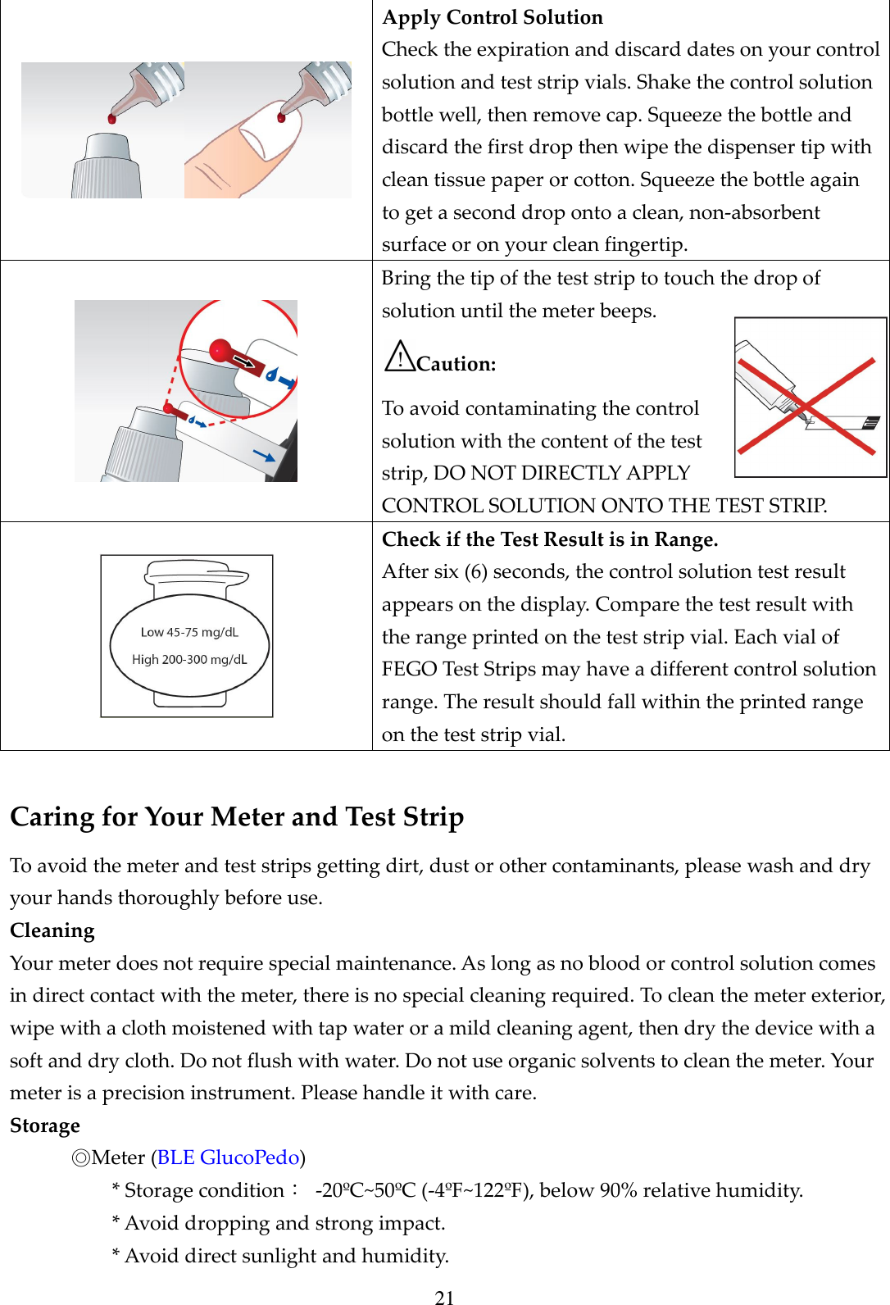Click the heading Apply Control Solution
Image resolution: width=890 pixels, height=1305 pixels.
[x=493, y=17]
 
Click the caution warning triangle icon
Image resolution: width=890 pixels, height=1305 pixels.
[x=400, y=357]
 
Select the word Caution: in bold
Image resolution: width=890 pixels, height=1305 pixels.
[x=456, y=364]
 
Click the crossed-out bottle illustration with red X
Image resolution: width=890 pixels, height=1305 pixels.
[x=810, y=398]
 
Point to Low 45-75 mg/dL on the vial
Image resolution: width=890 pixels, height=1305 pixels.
[x=189, y=632]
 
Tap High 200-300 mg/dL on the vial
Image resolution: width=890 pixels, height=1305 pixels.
[x=189, y=659]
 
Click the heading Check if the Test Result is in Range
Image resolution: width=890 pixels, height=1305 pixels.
[x=550, y=539]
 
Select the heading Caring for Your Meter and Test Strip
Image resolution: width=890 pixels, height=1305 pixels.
[x=237, y=816]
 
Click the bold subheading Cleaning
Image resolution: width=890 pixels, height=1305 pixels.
[x=52, y=930]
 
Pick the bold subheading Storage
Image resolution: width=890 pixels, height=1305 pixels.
[x=45, y=1125]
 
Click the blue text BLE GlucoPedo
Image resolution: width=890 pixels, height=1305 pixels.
[x=228, y=1157]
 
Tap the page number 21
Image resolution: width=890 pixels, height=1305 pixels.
[x=444, y=1297]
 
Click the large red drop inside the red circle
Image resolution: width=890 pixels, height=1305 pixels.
[x=221, y=351]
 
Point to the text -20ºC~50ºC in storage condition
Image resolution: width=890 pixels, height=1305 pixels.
[x=366, y=1190]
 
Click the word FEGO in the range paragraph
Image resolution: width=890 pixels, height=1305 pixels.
[x=409, y=669]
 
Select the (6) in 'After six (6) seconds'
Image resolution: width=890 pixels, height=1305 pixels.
[x=475, y=571]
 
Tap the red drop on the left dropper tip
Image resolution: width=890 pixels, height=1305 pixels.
[x=112, y=119]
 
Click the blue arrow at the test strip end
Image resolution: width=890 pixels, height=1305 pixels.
[x=264, y=455]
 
